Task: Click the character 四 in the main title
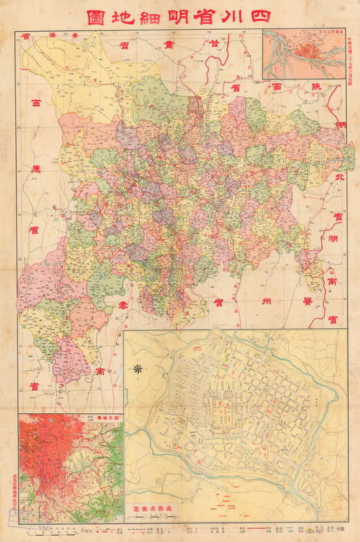point(260,17)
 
